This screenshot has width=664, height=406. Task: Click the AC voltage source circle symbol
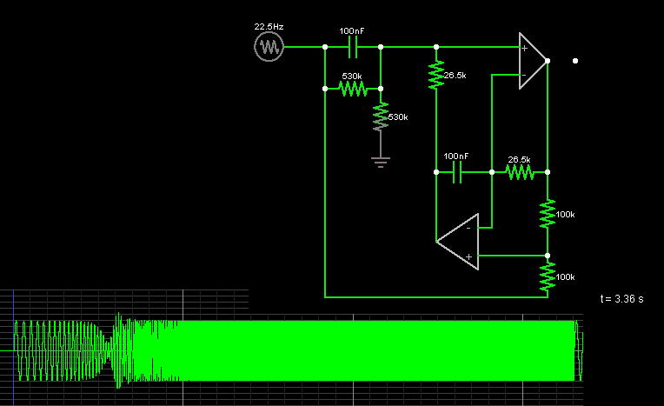(269, 47)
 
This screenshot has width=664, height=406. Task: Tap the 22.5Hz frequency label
(269, 27)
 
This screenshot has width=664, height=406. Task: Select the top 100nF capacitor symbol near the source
(353, 47)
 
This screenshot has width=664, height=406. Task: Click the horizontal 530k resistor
(353, 89)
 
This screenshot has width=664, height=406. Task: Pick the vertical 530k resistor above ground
(381, 116)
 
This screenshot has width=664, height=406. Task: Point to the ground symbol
(381, 163)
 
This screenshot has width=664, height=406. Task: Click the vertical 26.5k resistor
(436, 75)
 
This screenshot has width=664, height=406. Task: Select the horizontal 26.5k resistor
(520, 172)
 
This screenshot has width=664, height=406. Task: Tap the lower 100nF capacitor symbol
(457, 172)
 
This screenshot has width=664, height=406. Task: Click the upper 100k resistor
(548, 214)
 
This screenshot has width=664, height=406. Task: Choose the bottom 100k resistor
(548, 276)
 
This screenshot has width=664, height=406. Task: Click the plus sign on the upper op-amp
(524, 49)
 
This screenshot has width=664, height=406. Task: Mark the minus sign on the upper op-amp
(524, 75)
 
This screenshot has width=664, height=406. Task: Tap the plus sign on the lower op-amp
(468, 256)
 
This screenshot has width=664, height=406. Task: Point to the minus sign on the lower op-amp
(468, 228)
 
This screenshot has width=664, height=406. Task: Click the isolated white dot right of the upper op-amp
(575, 61)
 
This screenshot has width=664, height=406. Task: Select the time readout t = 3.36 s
(621, 299)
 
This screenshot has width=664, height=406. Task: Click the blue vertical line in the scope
(14, 348)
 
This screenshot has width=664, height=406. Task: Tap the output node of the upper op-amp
(548, 61)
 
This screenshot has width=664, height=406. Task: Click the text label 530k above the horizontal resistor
(352, 77)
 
